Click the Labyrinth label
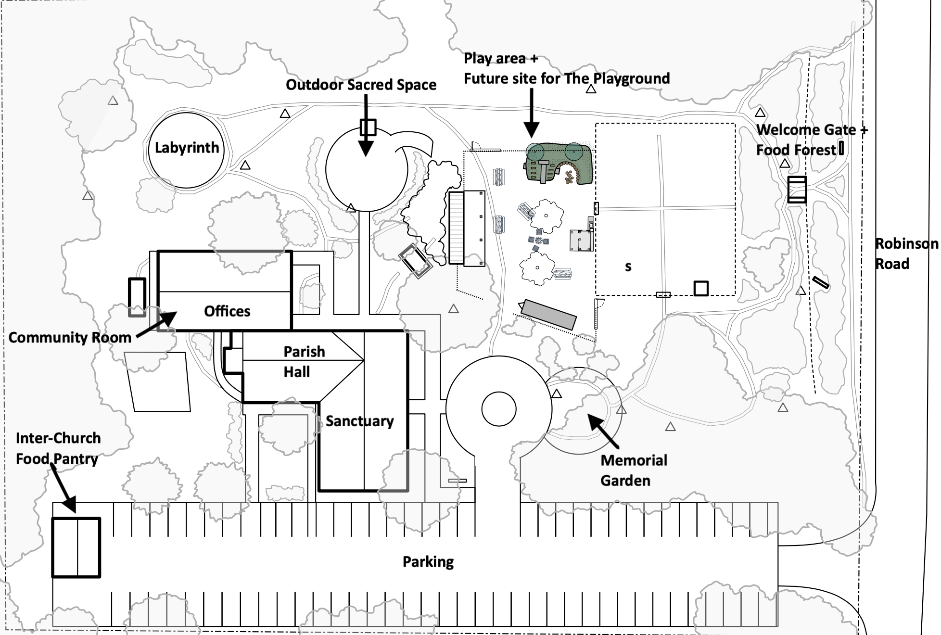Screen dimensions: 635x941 click(x=187, y=148)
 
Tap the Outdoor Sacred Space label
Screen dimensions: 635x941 click(x=361, y=85)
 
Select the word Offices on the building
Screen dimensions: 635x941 click(x=227, y=311)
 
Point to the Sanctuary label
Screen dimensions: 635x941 click(x=359, y=421)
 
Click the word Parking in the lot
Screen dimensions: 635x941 click(x=428, y=562)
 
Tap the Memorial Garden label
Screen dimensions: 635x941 click(x=633, y=470)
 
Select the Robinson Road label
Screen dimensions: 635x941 click(x=905, y=254)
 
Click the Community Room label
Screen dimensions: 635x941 click(x=70, y=338)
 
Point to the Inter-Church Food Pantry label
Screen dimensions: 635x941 click(x=58, y=448)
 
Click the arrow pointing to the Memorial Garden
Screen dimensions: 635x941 click(x=604, y=431)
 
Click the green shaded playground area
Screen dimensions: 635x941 click(x=558, y=164)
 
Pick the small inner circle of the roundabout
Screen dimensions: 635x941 click(x=499, y=409)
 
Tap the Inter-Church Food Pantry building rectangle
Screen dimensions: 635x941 click(x=76, y=547)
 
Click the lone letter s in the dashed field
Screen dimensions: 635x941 click(x=628, y=267)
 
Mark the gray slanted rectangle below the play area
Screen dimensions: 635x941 click(x=548, y=314)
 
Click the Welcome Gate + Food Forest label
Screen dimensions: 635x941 click(x=811, y=140)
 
